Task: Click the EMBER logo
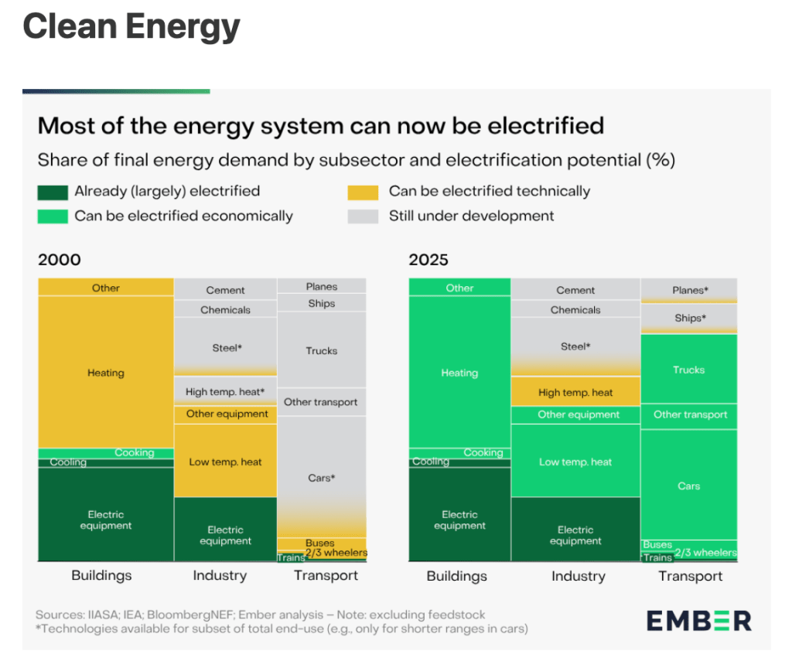coord(698,620)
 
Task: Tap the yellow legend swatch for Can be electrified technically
coord(363,192)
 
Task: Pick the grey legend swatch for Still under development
coord(363,217)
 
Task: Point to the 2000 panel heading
coord(60,260)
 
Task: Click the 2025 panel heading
coord(428,260)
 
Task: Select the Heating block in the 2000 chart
coord(106,373)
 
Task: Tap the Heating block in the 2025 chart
coord(459,373)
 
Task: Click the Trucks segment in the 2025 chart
coord(688,370)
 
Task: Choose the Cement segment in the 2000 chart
coord(225,290)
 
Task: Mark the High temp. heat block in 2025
coord(575,392)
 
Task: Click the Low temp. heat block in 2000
coord(225,462)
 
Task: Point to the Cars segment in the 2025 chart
coord(688,486)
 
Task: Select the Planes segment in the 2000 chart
coord(321,286)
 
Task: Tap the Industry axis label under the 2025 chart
coord(578,576)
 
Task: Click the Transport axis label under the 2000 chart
coord(326,576)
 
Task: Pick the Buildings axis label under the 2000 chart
coord(101,576)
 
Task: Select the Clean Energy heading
coord(131,27)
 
